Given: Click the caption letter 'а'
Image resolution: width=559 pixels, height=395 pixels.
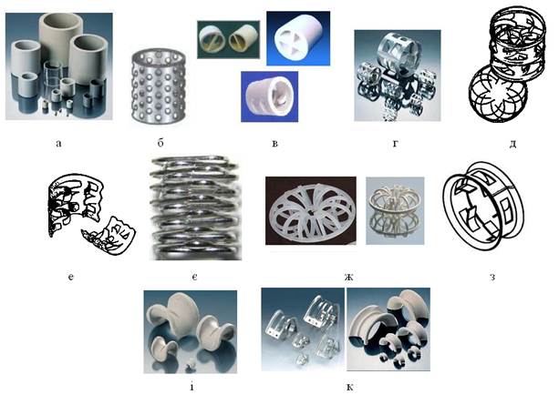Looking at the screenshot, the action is point(58,144).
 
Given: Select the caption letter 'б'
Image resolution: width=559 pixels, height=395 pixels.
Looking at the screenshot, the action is point(160,143).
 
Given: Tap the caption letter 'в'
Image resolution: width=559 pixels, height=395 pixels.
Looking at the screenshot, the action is point(274,144).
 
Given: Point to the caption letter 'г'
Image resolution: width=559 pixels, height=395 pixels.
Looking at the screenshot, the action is point(396,144).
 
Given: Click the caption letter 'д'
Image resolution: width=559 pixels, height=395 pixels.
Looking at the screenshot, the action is point(512,144).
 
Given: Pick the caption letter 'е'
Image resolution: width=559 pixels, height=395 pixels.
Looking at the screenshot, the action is point(70,277).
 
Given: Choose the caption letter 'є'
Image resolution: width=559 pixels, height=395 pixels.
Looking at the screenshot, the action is point(194,277).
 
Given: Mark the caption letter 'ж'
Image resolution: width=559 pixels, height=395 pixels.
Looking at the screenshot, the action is point(348,277).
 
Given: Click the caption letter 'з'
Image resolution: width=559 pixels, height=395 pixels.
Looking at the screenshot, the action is point(492,277).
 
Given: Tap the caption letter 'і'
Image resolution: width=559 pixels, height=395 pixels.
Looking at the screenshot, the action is point(192,386).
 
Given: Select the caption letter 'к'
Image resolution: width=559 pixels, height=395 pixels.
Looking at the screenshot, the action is point(349,387).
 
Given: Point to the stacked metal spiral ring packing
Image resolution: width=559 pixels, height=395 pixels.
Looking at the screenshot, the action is point(194,208).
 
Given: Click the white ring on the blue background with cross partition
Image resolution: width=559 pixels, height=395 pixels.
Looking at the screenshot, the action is point(298,38).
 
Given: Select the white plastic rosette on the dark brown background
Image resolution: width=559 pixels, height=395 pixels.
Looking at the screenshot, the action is point(311,211).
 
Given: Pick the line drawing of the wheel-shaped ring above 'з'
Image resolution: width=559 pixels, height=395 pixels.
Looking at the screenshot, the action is point(483,207).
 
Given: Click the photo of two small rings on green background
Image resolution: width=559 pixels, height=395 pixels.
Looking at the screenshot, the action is point(229,39).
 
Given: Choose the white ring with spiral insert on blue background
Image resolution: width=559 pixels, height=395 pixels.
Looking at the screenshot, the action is point(270,96).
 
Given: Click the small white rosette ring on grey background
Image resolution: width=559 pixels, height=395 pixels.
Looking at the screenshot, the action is point(395,210).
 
